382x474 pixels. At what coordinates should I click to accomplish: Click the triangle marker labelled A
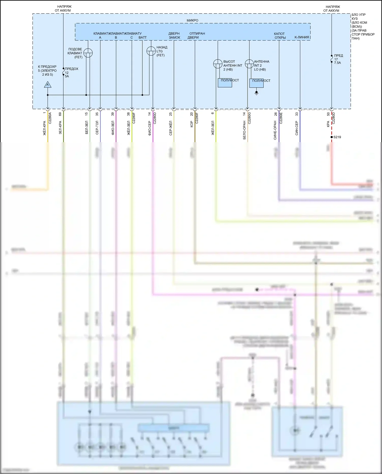point(48,85)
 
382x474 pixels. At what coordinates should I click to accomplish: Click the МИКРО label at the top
point(192,20)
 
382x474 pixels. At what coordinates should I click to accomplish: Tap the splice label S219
point(337,137)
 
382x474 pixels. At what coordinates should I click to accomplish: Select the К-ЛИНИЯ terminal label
point(302,37)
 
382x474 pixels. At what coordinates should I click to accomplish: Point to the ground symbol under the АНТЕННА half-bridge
point(256,93)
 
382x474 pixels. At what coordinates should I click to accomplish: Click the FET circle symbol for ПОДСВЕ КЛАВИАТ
point(88,53)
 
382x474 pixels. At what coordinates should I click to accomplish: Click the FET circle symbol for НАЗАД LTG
point(151,51)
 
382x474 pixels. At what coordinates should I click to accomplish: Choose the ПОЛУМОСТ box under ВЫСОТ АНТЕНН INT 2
point(225,83)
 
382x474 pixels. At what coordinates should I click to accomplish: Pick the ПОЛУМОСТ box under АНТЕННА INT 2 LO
point(256,83)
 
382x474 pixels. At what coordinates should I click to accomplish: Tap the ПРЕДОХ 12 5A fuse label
point(71,72)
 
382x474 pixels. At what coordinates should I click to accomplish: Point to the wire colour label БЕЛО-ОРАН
point(244,130)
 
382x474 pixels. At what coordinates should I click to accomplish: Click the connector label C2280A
point(50,118)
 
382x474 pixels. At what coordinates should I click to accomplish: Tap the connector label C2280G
point(250,118)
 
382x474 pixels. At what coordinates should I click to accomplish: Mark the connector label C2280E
point(281,118)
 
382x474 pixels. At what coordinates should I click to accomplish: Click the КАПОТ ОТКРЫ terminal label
point(280,35)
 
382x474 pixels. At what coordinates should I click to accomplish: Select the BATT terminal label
point(143,37)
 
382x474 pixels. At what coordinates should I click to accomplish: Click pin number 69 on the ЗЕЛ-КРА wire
point(60,114)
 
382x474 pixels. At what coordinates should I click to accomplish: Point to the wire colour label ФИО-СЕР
point(150,128)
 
